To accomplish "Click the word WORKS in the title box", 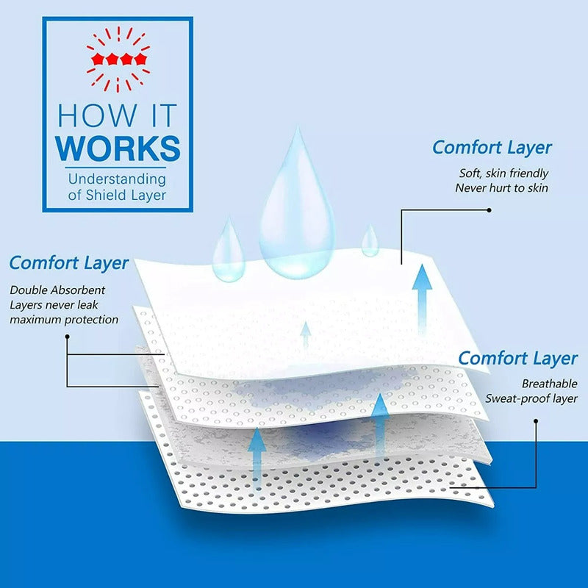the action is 118,148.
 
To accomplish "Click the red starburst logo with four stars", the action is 118,60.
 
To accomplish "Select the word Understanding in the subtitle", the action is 117,179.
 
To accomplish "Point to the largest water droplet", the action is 297,204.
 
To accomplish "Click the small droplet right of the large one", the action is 370,241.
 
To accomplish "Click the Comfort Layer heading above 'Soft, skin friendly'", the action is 492,148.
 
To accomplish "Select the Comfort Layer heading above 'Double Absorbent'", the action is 69,263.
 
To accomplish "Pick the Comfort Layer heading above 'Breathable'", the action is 518,359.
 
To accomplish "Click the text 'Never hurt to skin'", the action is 502,188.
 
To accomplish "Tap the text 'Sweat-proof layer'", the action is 531,398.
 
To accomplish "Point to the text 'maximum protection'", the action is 64,320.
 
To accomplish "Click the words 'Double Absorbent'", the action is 57,290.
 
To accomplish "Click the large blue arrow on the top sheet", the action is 422,299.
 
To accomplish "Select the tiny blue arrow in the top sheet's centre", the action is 306,334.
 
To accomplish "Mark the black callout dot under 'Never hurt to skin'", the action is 489,210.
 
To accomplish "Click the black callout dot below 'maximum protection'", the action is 67,337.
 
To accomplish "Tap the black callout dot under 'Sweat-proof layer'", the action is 536,421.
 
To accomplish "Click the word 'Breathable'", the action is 550,384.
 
